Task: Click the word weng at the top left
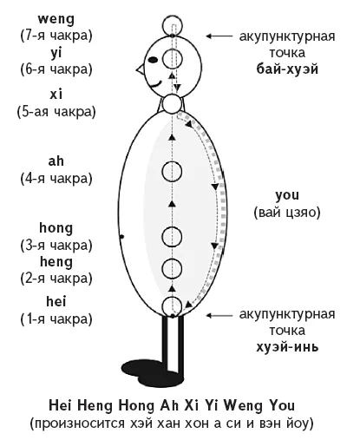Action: click(56, 20)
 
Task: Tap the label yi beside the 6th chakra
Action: click(56, 53)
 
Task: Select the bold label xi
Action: click(56, 95)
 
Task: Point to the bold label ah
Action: click(56, 161)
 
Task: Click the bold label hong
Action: click(56, 228)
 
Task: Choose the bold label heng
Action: click(56, 262)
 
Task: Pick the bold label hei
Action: click(56, 301)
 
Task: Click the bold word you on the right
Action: click(287, 195)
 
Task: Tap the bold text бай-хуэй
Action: click(287, 69)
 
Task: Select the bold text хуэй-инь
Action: click(287, 346)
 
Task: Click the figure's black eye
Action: click(153, 60)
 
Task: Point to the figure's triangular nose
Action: click(141, 69)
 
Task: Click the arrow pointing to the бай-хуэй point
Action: click(219, 36)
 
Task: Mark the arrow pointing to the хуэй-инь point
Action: click(219, 315)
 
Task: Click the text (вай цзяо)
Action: click(287, 213)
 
